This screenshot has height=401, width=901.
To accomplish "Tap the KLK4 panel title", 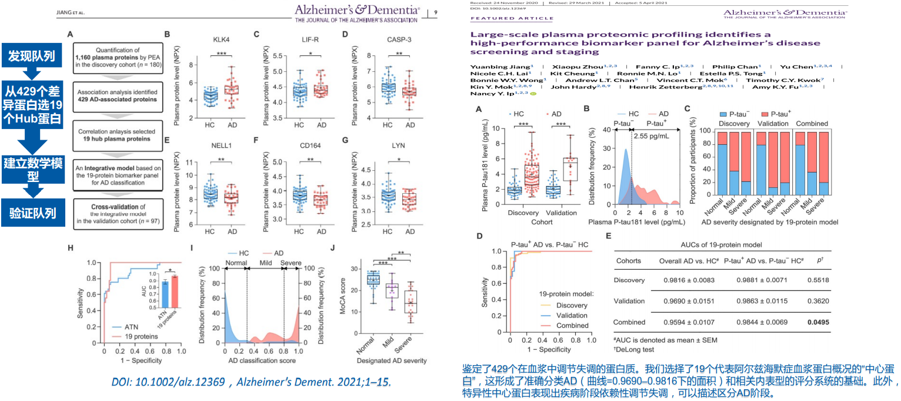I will pos(221,39).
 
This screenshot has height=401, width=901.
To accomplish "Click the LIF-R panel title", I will pos(309,39).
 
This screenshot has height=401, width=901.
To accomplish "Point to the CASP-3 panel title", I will pos(399,39).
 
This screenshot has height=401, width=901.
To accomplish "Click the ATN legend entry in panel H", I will pos(130,326).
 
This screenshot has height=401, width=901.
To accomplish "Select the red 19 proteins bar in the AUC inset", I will pos(174,292).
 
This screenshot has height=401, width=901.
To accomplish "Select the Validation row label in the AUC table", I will pos(629,301).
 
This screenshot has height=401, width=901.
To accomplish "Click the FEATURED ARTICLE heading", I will pos(497,18).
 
